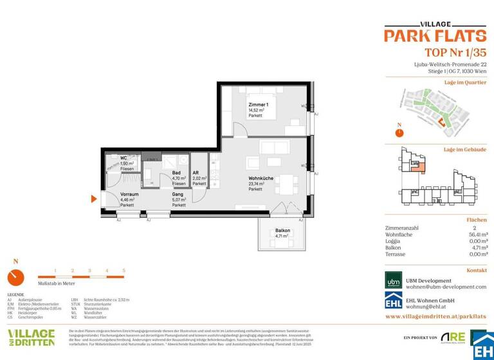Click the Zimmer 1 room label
coord(259,105)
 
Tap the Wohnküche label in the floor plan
coord(261,179)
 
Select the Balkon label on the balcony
coord(282,230)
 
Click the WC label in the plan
coord(124,158)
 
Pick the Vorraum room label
coord(129,194)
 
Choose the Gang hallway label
coord(178,194)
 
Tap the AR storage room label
coord(196,173)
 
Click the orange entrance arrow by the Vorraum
coord(95,199)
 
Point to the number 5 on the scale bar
coord(123,271)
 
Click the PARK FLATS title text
coord(435,35)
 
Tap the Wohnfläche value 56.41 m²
coord(476,235)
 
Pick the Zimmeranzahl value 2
coord(474,228)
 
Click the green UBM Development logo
coord(394,281)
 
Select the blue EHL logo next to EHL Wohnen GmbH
coord(394,302)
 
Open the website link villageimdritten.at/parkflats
coord(435,317)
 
